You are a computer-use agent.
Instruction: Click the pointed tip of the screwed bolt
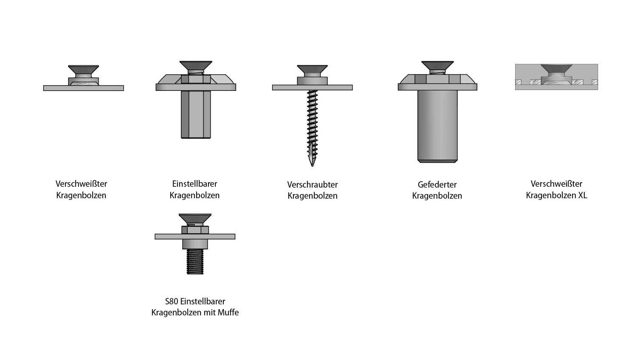coord(312,166)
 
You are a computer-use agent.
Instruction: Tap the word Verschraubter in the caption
coord(312,185)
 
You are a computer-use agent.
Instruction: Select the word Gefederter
coord(437,185)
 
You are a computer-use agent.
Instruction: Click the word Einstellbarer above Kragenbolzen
coord(194,184)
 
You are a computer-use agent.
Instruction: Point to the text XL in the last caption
coord(582,195)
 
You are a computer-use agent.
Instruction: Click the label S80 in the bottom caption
coord(172,301)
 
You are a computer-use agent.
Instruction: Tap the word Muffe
coord(228,312)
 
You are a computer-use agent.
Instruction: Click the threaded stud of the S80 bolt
coord(195,262)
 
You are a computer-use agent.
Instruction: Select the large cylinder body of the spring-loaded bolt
coord(437,126)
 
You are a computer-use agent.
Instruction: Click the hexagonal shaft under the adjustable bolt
coord(196,114)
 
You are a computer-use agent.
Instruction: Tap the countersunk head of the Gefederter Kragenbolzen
coord(437,66)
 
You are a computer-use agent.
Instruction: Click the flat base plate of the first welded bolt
coord(83,88)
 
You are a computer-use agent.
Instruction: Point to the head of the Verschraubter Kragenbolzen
coord(312,69)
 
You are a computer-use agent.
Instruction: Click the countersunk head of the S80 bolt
coord(195,218)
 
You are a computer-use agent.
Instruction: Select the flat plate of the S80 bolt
coord(195,236)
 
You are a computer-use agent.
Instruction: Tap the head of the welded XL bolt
coord(556,68)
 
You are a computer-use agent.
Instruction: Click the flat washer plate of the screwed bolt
coord(312,87)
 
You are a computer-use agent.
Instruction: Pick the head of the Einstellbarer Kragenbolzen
coord(196,66)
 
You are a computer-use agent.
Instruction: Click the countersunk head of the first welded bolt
coord(83,70)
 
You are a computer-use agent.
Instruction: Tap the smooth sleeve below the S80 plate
coord(195,244)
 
